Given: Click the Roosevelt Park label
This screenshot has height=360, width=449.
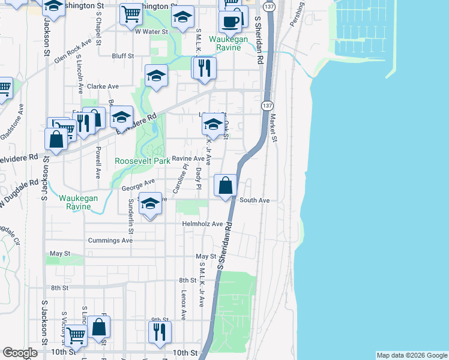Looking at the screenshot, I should point(142,161).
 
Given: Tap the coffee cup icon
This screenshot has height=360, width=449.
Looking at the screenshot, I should point(230,22).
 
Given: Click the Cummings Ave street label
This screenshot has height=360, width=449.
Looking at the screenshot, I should point(110,240).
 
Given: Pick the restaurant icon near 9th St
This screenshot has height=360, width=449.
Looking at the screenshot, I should point(160,331).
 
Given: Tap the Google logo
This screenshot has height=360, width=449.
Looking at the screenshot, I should point(20,353).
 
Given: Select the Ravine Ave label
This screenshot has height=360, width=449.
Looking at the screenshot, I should point(188,159).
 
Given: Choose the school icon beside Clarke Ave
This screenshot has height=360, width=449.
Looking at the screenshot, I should point(156,76).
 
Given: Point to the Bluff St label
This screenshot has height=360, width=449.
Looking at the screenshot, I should point(122,56).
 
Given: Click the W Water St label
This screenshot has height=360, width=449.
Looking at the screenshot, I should point(151,31).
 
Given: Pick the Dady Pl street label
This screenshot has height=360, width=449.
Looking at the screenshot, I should point(198,178).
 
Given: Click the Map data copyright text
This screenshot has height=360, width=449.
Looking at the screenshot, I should point(411,355).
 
